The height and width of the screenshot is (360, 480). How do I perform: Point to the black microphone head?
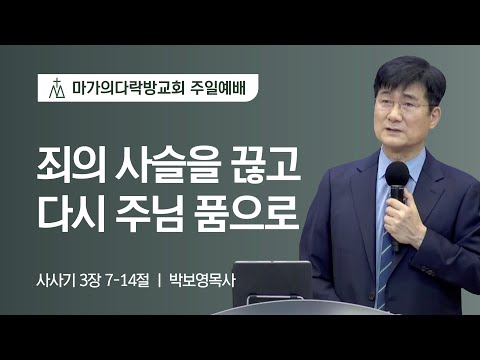point(397,177)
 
